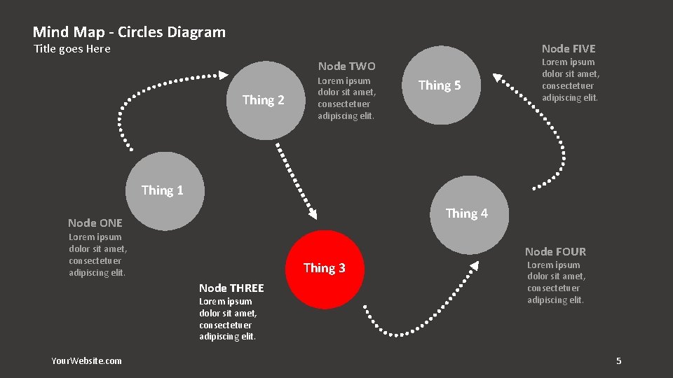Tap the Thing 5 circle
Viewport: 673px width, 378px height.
click(x=440, y=85)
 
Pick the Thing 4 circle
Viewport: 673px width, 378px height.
click(x=468, y=214)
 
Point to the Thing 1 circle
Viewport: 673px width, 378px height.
click(x=163, y=190)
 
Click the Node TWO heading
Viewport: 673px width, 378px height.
click(x=346, y=66)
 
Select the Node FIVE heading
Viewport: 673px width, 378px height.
click(x=568, y=48)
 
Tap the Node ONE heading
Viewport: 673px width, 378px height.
click(x=95, y=223)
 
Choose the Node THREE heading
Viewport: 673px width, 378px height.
click(x=231, y=288)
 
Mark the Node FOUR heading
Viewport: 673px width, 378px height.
click(x=555, y=251)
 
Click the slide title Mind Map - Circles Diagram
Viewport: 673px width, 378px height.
click(x=129, y=32)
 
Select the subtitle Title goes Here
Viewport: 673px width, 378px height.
click(x=72, y=49)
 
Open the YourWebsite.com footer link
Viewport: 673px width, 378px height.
click(x=86, y=360)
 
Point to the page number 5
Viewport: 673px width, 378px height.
click(x=618, y=360)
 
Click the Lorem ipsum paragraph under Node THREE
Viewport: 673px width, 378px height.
click(x=228, y=319)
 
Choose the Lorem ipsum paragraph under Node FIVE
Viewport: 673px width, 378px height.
click(x=571, y=80)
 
